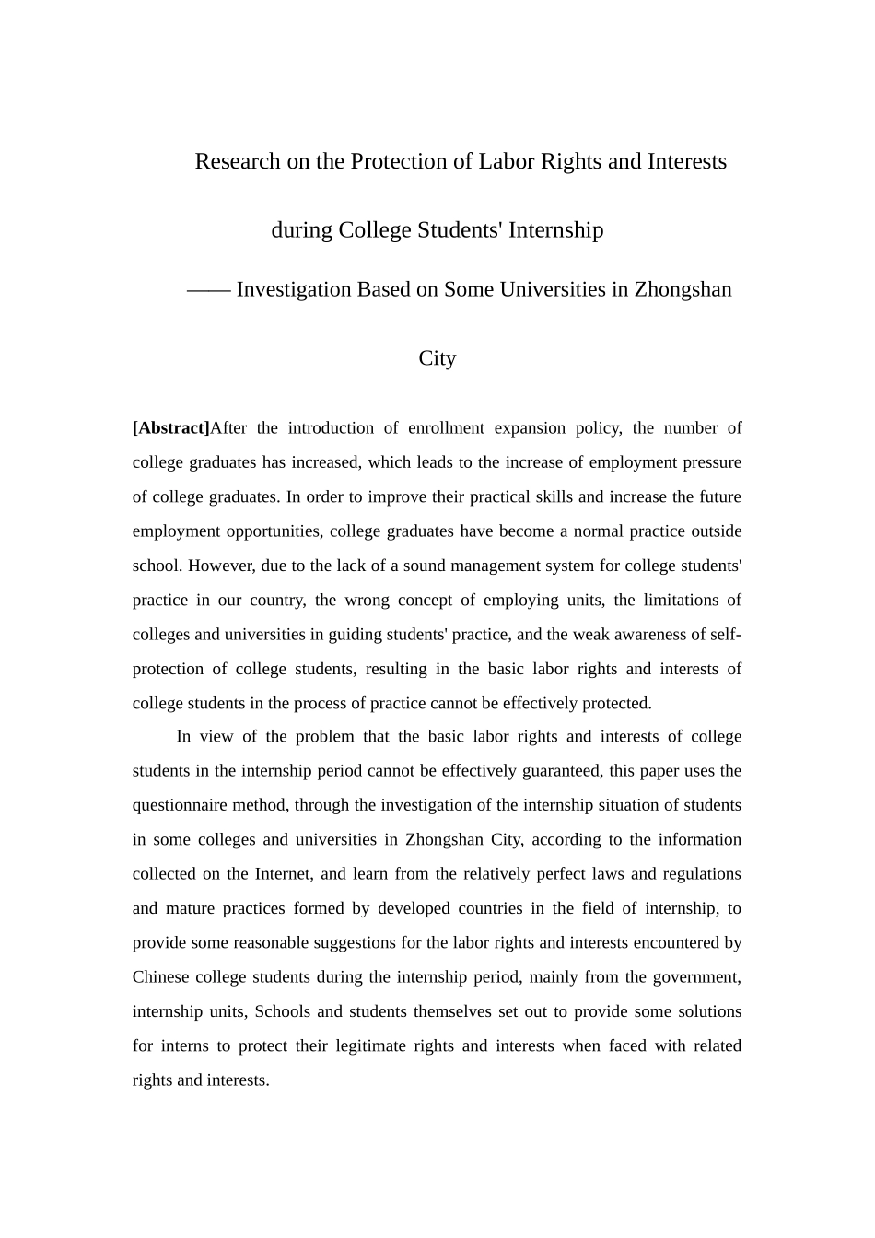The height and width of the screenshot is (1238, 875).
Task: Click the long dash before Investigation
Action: click(208, 290)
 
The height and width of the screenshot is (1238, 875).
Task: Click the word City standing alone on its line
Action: click(437, 358)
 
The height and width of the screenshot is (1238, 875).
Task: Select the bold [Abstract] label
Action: click(171, 428)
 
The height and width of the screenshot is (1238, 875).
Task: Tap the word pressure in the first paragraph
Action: click(710, 462)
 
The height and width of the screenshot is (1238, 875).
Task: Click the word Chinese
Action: click(161, 977)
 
